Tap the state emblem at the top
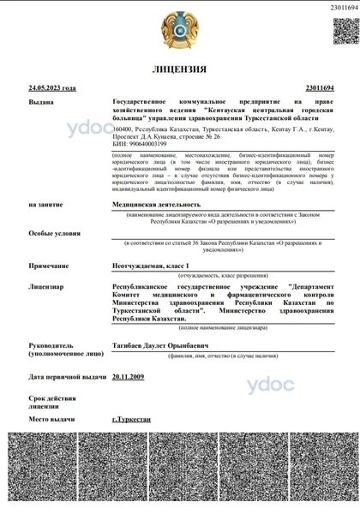(x=179, y=28)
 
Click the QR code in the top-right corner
(x=339, y=32)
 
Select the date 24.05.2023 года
(x=51, y=87)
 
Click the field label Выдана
(x=40, y=101)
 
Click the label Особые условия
(x=49, y=232)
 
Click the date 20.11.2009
(x=129, y=377)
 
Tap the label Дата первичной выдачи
(x=67, y=377)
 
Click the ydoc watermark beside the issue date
(x=271, y=384)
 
